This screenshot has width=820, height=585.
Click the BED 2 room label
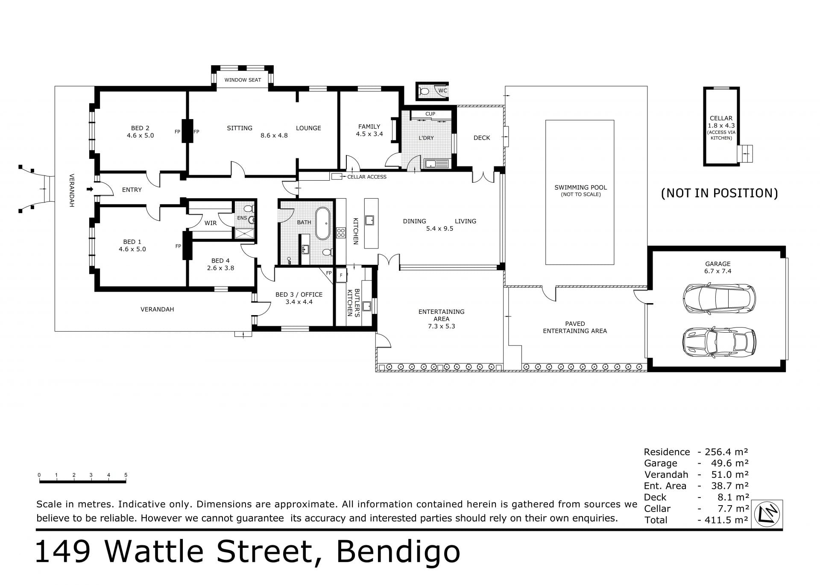click(140, 128)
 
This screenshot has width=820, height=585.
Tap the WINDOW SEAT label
click(243, 80)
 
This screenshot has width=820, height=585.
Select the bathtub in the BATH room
click(323, 223)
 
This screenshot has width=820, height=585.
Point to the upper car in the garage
click(719, 298)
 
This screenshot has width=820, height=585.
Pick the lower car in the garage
click(719, 342)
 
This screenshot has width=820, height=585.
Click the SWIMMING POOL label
click(580, 187)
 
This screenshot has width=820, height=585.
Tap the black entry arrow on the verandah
click(90, 189)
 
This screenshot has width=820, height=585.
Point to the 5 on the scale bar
click(126, 475)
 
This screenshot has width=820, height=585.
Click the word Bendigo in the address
click(398, 552)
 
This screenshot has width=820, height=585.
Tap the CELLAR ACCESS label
click(367, 177)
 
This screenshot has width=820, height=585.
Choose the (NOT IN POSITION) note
click(719, 193)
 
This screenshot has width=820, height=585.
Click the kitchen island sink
click(369, 220)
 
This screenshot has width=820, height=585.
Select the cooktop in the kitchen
click(341, 233)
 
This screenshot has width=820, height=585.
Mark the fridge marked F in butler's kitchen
click(341, 275)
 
